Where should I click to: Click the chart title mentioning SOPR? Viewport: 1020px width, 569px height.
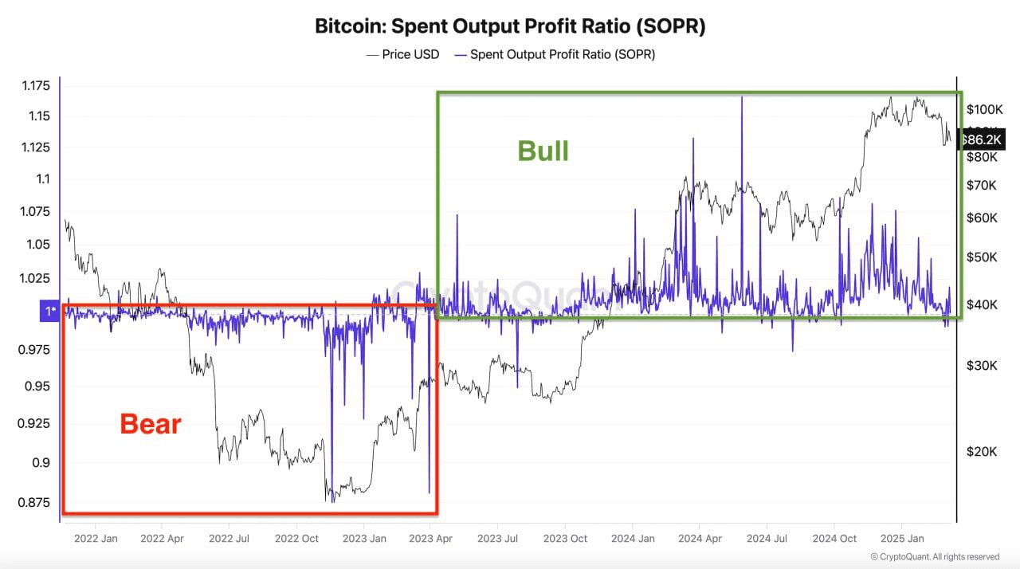tap(510, 26)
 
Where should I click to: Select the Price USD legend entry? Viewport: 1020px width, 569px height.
tap(402, 54)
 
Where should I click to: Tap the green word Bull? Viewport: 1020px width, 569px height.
tap(543, 151)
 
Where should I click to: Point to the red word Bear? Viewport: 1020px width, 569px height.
tap(151, 424)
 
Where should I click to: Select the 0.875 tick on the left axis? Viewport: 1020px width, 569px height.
tap(33, 502)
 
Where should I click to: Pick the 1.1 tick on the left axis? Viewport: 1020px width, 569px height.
tap(41, 179)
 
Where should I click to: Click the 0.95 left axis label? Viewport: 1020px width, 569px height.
tap(37, 387)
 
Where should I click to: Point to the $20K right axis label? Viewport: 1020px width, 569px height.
tap(981, 452)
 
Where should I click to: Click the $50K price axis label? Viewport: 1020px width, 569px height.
tap(981, 257)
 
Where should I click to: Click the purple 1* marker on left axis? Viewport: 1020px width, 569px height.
tap(49, 311)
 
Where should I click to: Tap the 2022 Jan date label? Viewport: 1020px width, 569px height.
tap(96, 539)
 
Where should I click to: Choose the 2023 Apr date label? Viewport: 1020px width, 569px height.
tap(431, 539)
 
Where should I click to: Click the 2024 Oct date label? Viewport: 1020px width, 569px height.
tap(834, 539)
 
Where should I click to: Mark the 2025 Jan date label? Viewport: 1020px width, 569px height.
tap(902, 539)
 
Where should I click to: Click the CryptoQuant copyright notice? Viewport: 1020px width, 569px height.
tap(935, 556)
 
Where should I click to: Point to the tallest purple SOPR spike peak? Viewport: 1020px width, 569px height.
tap(742, 97)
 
